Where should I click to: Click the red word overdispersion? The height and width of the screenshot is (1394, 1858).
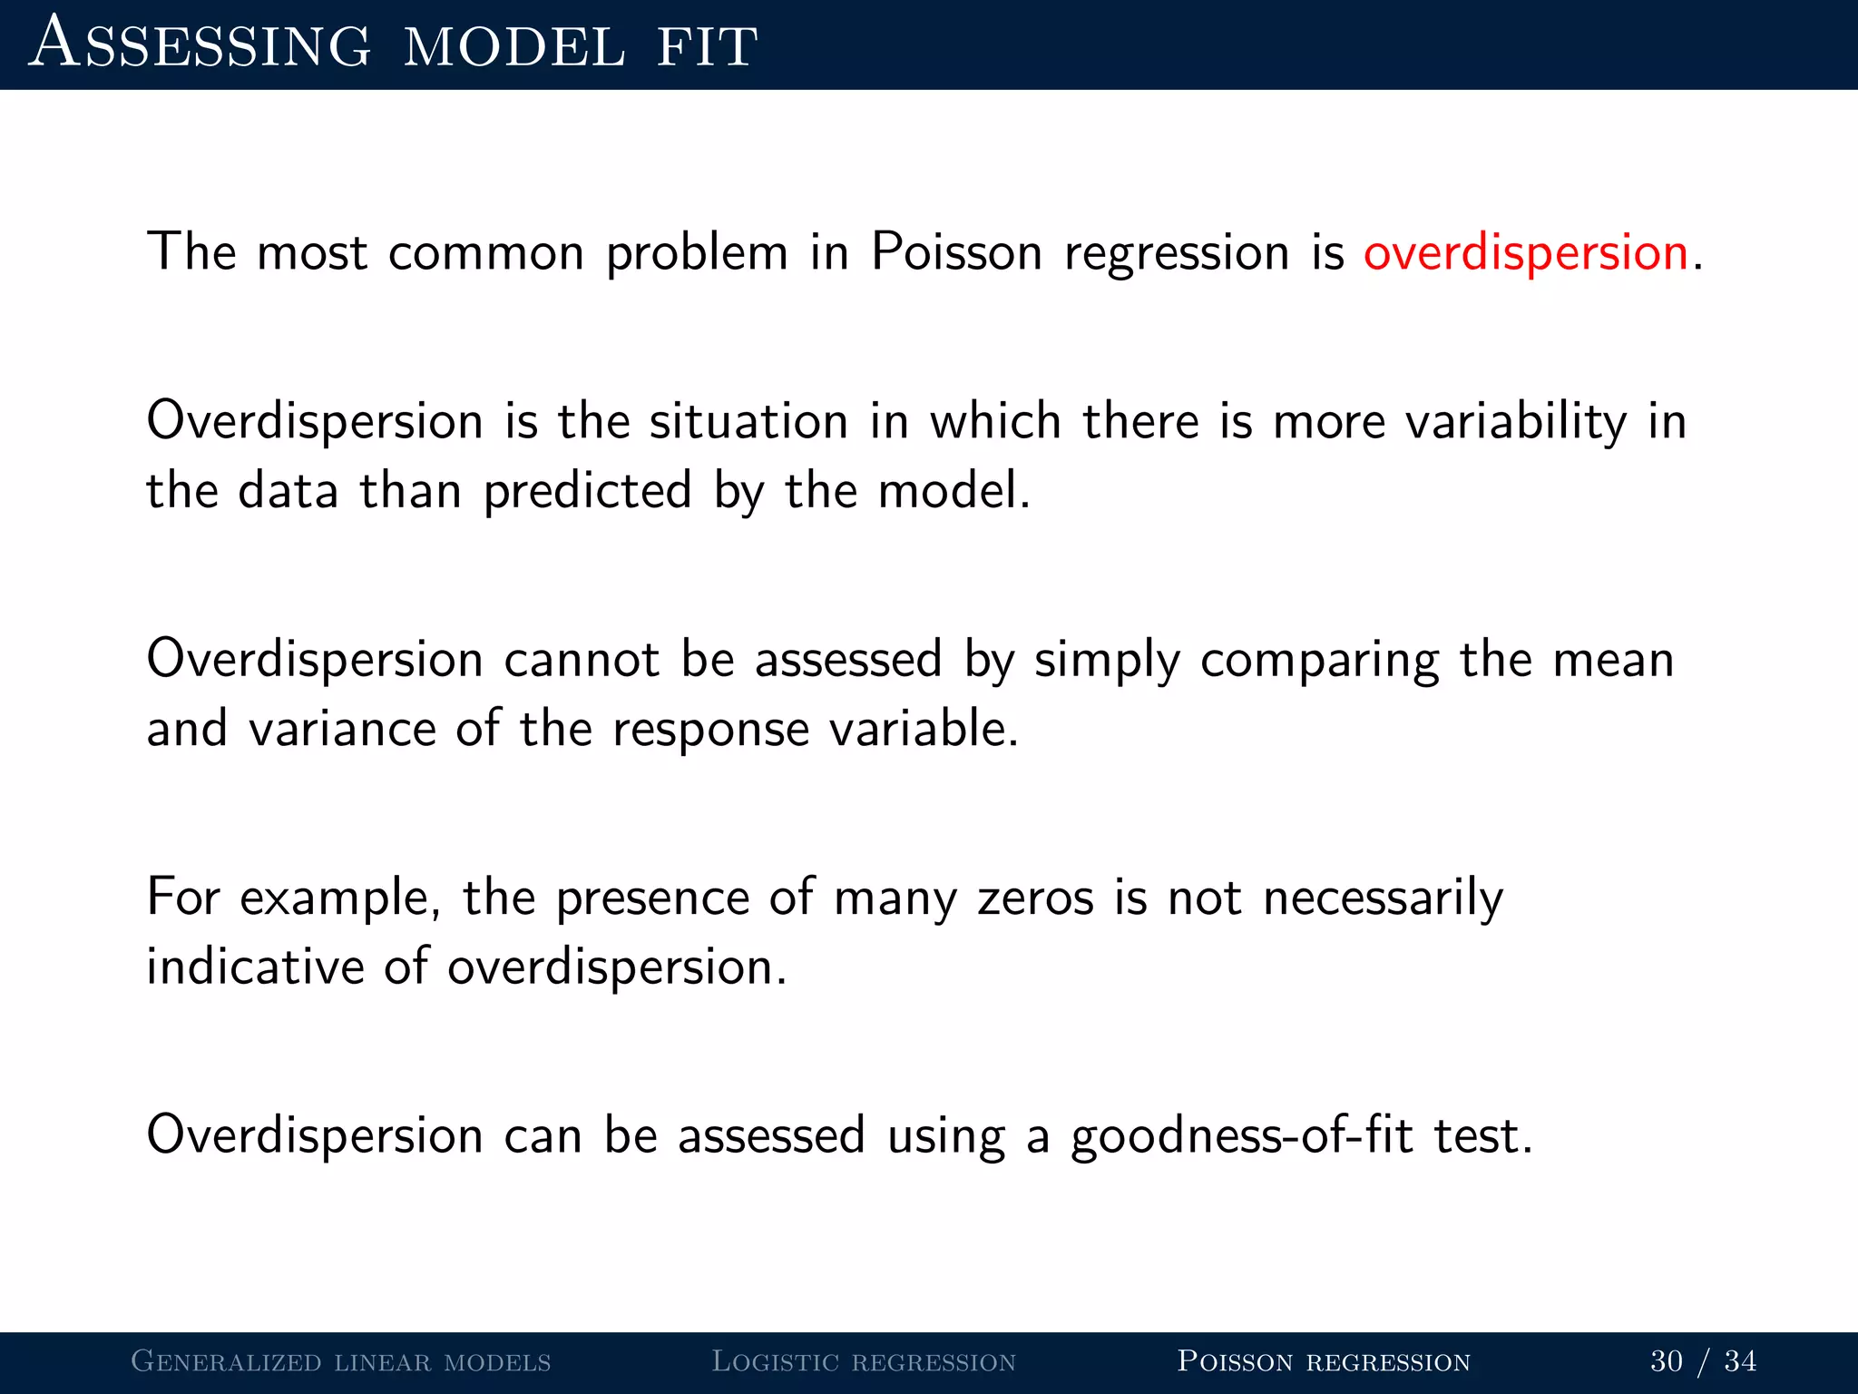(x=1525, y=252)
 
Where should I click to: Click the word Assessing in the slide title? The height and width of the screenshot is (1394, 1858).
(x=200, y=44)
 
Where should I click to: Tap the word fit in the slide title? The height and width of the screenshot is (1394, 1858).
(x=707, y=45)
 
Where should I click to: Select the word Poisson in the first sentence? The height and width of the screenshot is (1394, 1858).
(x=956, y=252)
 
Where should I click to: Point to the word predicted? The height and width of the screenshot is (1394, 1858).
(x=588, y=492)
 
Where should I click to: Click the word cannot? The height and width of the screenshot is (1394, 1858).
(x=582, y=660)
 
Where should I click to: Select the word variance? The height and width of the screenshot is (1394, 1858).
(x=343, y=729)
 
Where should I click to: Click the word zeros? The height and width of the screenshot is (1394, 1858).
(x=1035, y=898)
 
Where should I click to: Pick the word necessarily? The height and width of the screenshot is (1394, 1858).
(x=1383, y=898)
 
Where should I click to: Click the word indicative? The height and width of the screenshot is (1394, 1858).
(x=255, y=967)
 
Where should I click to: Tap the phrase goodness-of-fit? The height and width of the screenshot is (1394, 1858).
(x=1242, y=1137)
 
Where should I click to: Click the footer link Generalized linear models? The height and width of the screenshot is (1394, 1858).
(x=341, y=1361)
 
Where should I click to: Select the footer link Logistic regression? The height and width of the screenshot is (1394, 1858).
(x=864, y=1361)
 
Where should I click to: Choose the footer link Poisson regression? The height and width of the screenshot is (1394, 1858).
(x=1324, y=1361)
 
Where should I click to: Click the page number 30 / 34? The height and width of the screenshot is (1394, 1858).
(x=1703, y=1361)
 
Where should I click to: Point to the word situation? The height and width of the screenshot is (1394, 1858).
(x=748, y=423)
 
